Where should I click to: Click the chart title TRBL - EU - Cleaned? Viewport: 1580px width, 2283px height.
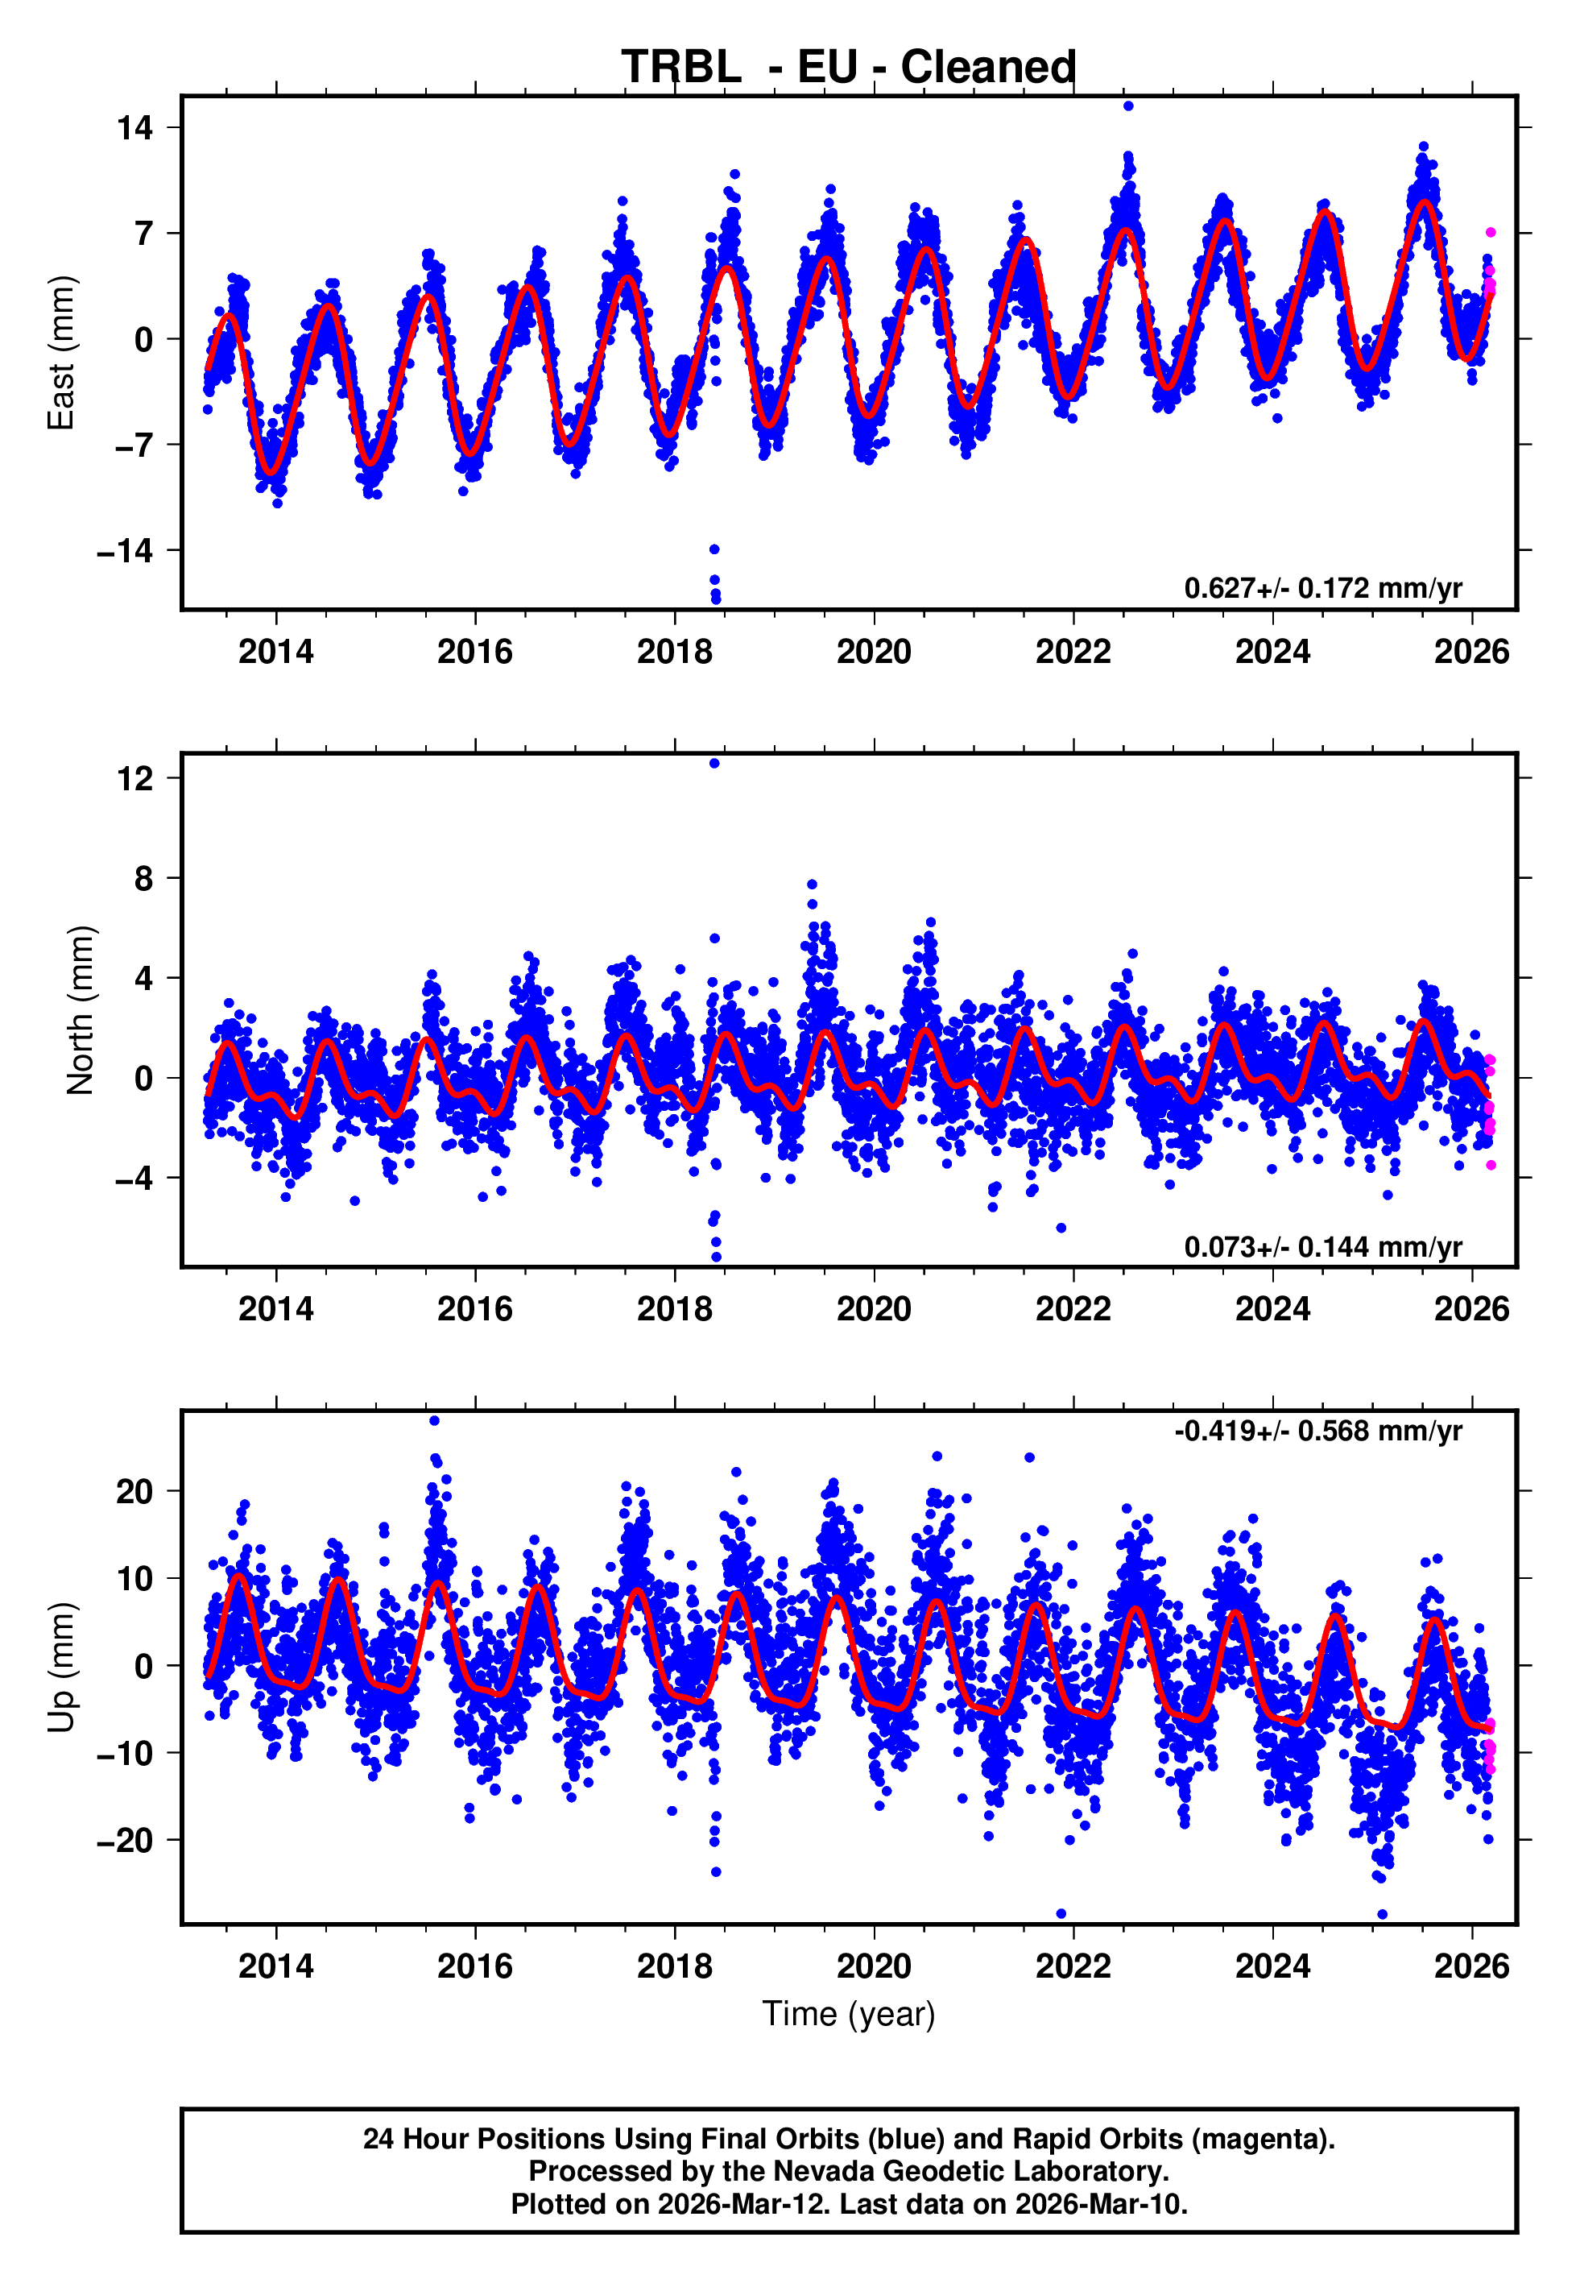[x=849, y=68]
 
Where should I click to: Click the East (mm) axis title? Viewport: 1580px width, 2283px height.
[x=61, y=353]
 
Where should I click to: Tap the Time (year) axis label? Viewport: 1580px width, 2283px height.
[x=849, y=2014]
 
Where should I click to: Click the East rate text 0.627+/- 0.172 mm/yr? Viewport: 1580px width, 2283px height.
[x=1322, y=588]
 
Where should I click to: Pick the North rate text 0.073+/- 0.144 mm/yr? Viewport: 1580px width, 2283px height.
[x=1322, y=1246]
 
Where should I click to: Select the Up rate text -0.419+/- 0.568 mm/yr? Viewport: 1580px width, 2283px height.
[x=1317, y=1431]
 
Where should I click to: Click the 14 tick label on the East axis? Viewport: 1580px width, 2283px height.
[x=134, y=128]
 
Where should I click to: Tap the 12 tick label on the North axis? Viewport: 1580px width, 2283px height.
[x=134, y=778]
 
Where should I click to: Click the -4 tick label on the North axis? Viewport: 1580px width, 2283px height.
[x=134, y=1178]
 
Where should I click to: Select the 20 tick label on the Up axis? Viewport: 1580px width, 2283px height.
[x=134, y=1491]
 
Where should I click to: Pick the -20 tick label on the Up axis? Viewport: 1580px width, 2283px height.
[x=125, y=1841]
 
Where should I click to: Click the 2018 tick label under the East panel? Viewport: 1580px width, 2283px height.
[x=674, y=652]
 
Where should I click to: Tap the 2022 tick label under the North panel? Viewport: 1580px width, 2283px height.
[x=1073, y=1309]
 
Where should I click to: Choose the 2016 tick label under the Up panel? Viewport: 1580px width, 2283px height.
[x=475, y=1966]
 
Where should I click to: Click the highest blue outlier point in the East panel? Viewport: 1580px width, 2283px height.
[x=1128, y=106]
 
